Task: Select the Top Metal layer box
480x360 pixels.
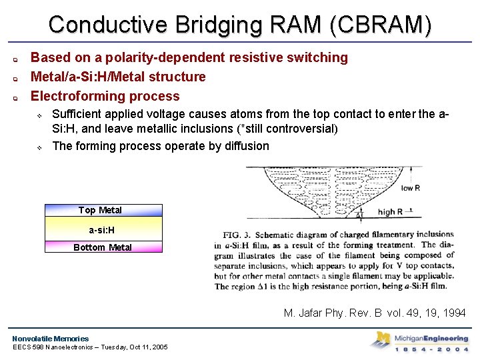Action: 103,210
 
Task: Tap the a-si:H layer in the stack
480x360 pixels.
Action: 103,231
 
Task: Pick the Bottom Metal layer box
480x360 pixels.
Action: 103,247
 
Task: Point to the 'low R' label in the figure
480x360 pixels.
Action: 411,188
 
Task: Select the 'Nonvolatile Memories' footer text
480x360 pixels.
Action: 51,339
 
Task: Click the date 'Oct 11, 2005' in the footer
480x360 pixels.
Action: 143,347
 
